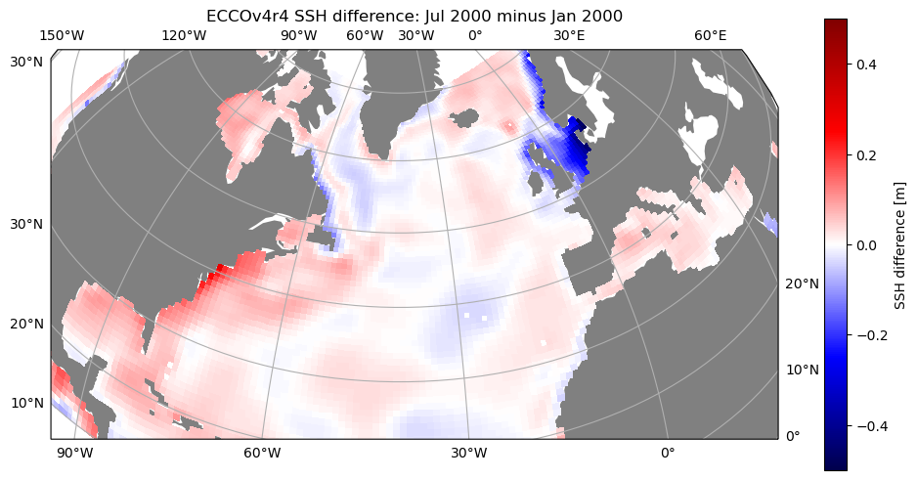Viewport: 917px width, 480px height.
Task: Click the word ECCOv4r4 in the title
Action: coord(240,17)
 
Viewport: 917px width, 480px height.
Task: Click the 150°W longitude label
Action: coord(62,35)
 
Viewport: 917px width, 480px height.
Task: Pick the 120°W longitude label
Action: coord(184,35)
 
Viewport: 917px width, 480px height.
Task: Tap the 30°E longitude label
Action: coord(570,35)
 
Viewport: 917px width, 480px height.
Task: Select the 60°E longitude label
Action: coord(711,35)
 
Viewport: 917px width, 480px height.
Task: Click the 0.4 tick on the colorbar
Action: coord(866,65)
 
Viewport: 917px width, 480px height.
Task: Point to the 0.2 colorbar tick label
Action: coord(866,154)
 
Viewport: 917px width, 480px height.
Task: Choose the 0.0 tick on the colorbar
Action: coord(866,245)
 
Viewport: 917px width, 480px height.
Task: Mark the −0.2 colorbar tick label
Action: coord(871,335)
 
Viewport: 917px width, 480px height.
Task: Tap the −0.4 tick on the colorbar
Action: coord(871,426)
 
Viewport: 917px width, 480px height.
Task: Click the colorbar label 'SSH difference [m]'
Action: coord(899,245)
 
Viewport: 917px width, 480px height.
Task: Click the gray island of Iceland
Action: coord(466,118)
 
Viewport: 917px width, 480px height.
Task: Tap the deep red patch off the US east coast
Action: coord(209,280)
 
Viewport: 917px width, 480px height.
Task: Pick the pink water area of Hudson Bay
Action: coord(245,130)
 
